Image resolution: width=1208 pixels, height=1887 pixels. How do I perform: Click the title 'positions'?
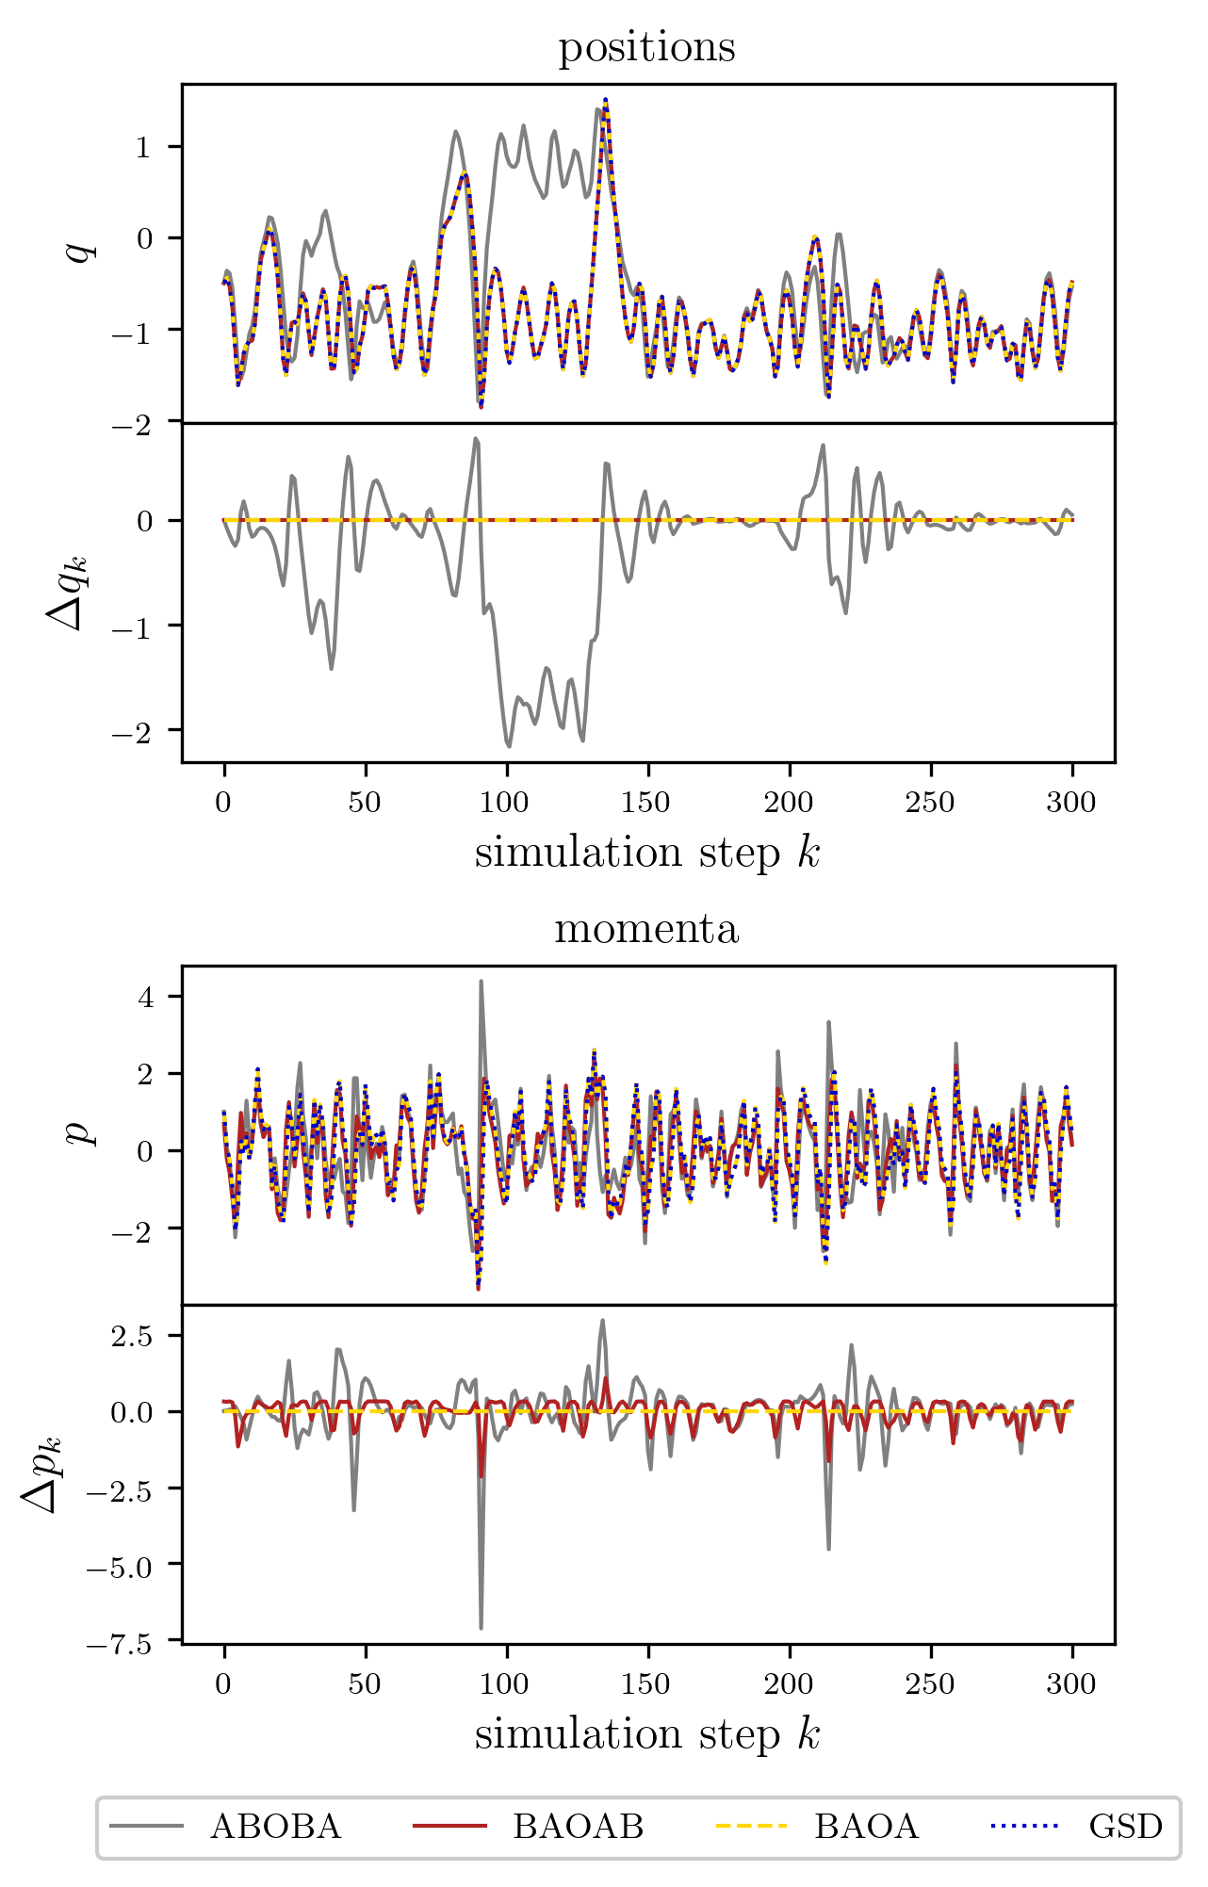click(646, 47)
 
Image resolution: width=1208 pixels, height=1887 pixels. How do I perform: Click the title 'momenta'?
click(646, 929)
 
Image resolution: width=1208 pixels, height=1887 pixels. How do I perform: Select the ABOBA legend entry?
click(226, 1827)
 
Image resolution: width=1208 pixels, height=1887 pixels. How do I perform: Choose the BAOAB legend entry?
click(529, 1827)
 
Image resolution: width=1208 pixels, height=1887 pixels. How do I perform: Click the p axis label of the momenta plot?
click(83, 1131)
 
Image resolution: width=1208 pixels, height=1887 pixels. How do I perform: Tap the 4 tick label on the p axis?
click(145, 997)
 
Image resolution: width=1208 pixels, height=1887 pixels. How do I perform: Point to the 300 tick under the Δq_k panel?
click(1071, 804)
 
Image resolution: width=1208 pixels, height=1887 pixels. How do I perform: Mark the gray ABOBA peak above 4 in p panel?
click(481, 982)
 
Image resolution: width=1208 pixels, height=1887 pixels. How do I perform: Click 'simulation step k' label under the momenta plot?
click(647, 1734)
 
